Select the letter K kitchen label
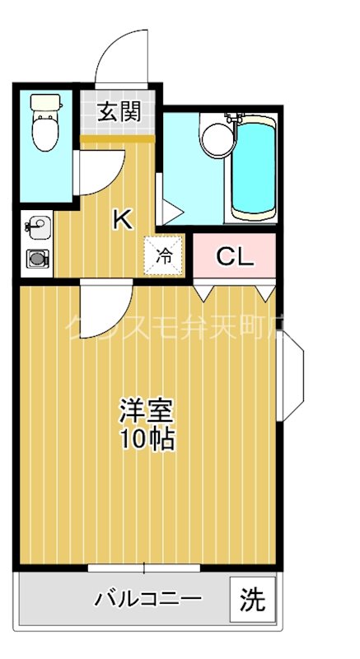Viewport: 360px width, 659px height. (122, 219)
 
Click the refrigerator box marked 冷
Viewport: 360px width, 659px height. (165, 255)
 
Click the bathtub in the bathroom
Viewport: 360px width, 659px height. (254, 168)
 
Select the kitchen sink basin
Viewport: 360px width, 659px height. (37, 224)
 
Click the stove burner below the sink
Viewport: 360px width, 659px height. (37, 259)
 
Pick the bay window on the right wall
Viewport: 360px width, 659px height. (292, 373)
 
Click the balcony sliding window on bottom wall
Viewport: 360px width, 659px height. (144, 568)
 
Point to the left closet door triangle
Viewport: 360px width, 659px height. (203, 291)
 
